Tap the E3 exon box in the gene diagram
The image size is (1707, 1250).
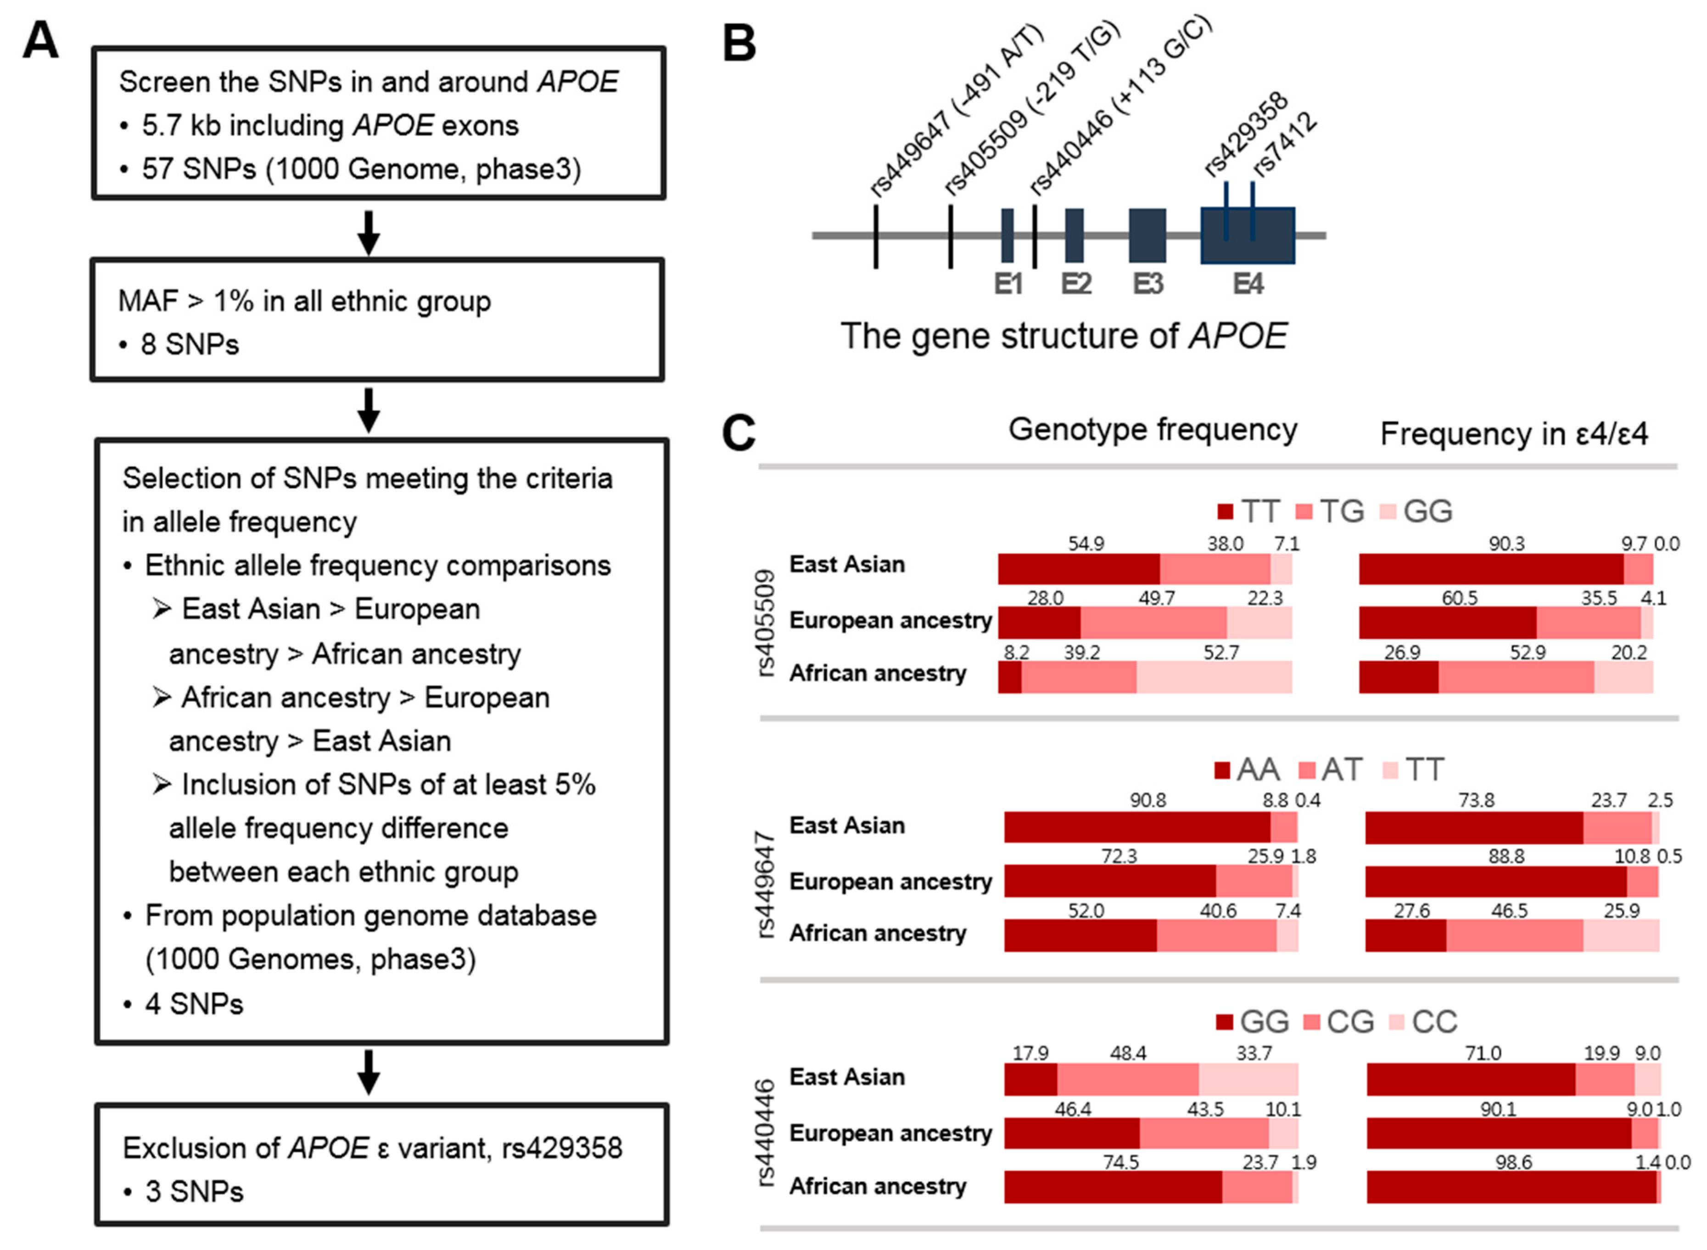(1147, 235)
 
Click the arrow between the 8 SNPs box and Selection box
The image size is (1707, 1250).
(369, 409)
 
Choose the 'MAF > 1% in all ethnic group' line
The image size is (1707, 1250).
(304, 301)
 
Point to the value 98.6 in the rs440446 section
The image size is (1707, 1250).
(1513, 1162)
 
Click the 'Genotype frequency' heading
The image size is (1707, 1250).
(1153, 429)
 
